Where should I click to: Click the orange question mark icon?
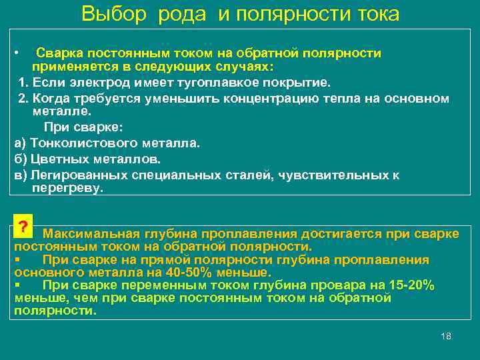(x=23, y=226)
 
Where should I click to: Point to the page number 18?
(x=446, y=336)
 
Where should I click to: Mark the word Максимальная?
(x=91, y=233)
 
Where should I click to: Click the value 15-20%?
(x=411, y=285)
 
